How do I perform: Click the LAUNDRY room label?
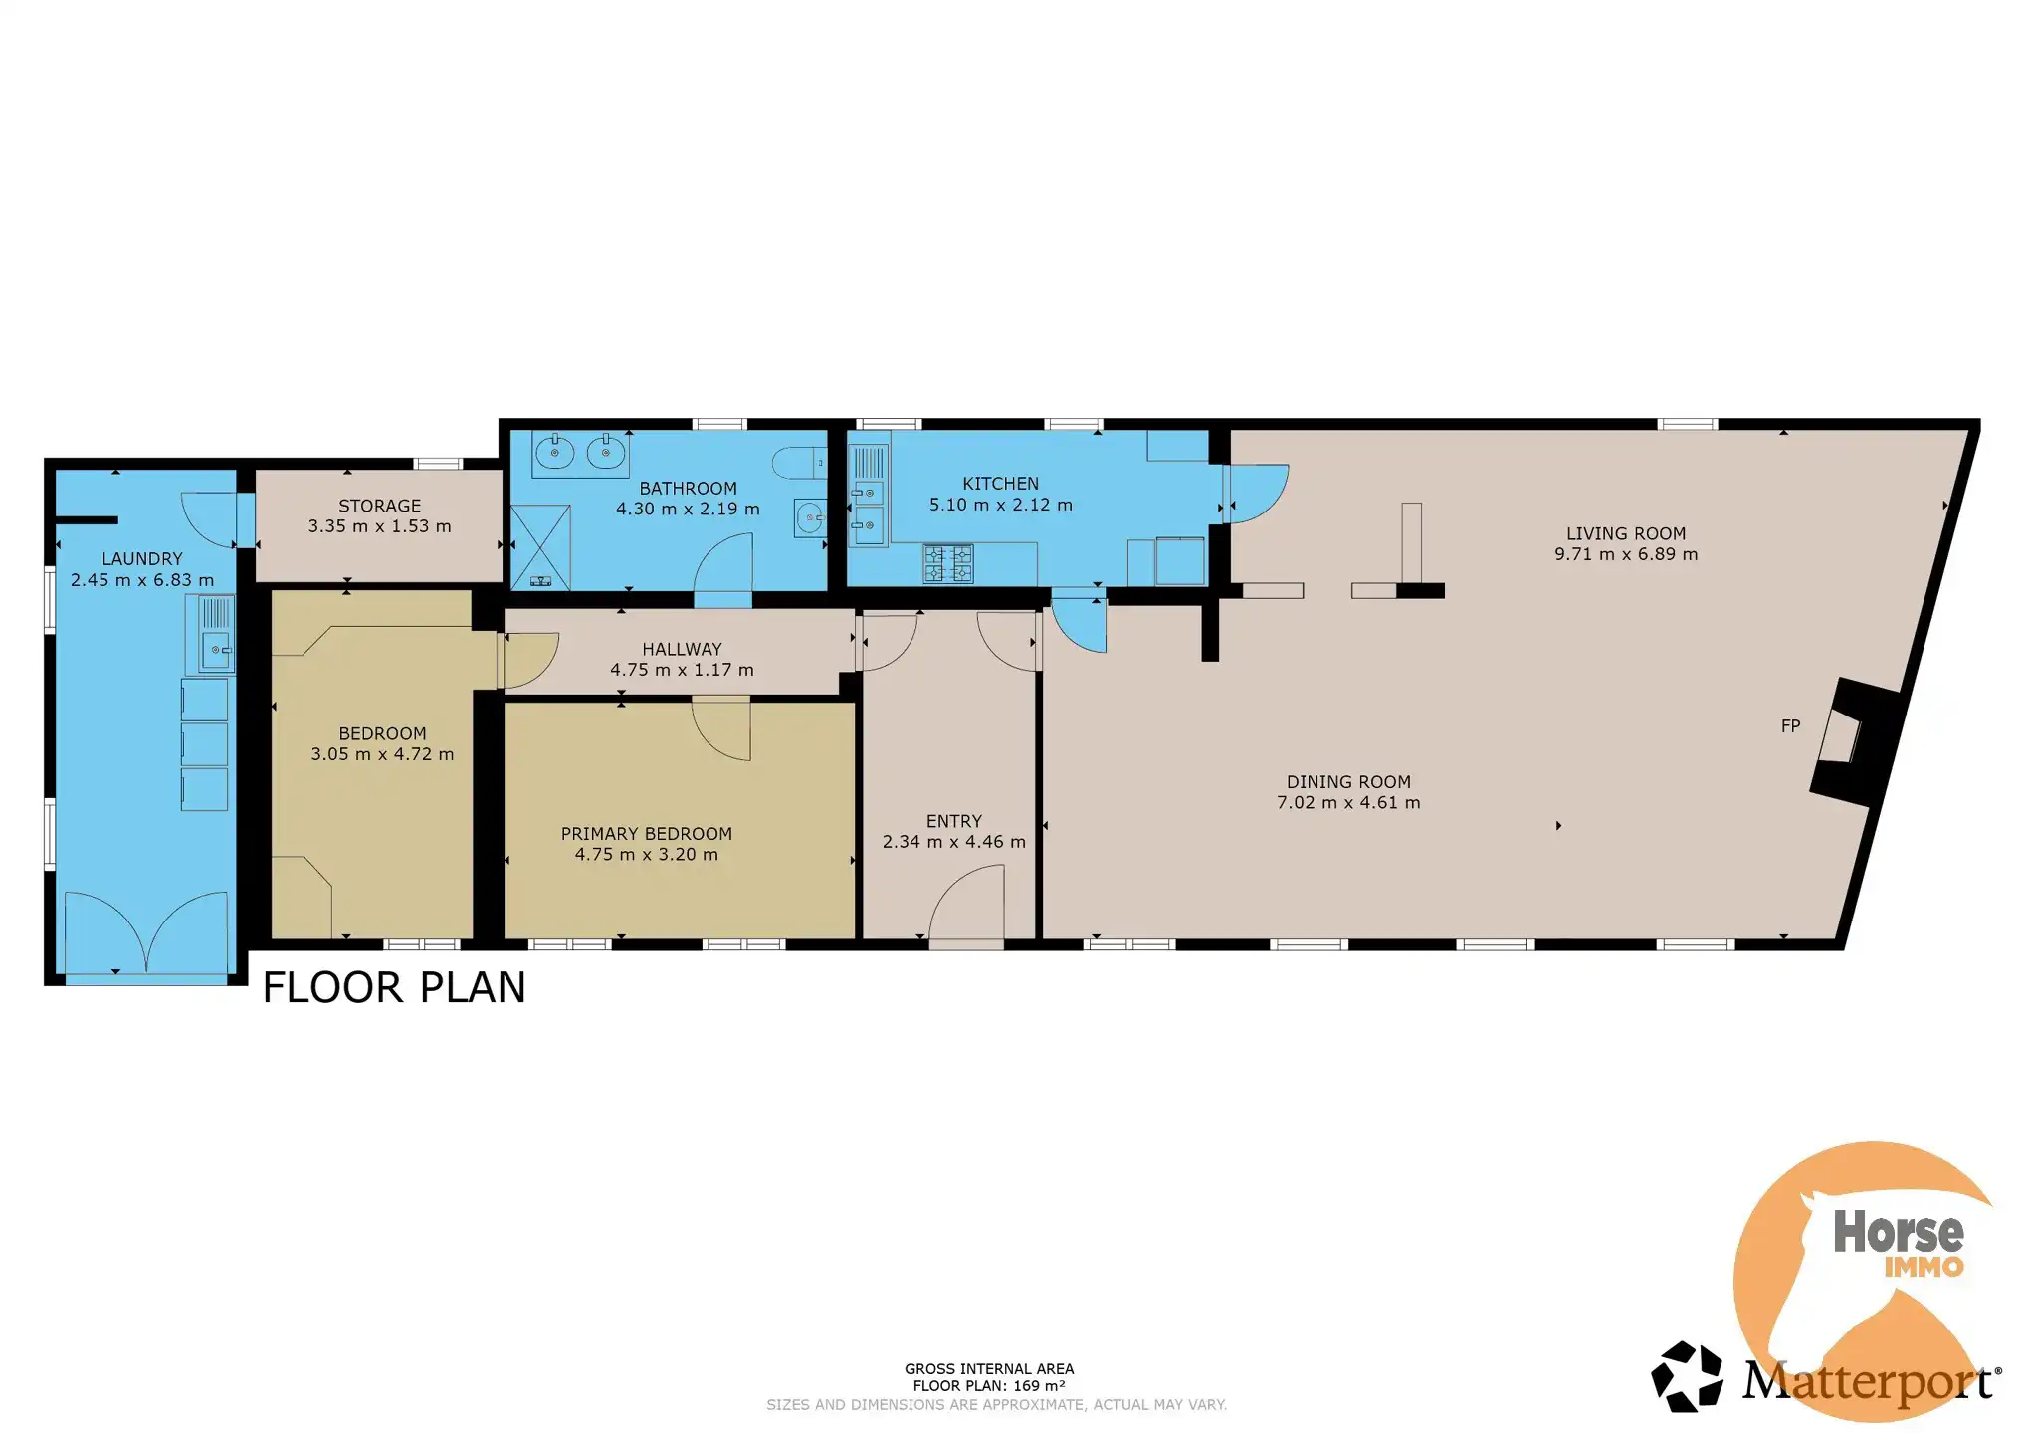click(142, 559)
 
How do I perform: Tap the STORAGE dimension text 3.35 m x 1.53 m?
click(379, 526)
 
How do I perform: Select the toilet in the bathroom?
click(800, 463)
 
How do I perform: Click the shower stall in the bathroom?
click(540, 547)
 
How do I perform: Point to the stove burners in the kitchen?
click(948, 564)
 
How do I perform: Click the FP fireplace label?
click(1790, 726)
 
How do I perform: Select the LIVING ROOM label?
click(1626, 533)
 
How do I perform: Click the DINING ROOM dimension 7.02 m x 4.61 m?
click(1348, 803)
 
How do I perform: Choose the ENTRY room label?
click(953, 821)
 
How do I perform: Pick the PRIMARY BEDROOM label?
click(646, 834)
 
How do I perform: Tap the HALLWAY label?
click(682, 649)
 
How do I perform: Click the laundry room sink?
click(210, 634)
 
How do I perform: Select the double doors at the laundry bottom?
click(145, 932)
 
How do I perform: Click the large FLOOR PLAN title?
click(394, 987)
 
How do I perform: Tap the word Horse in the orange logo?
click(1898, 1232)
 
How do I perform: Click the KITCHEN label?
click(1000, 484)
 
